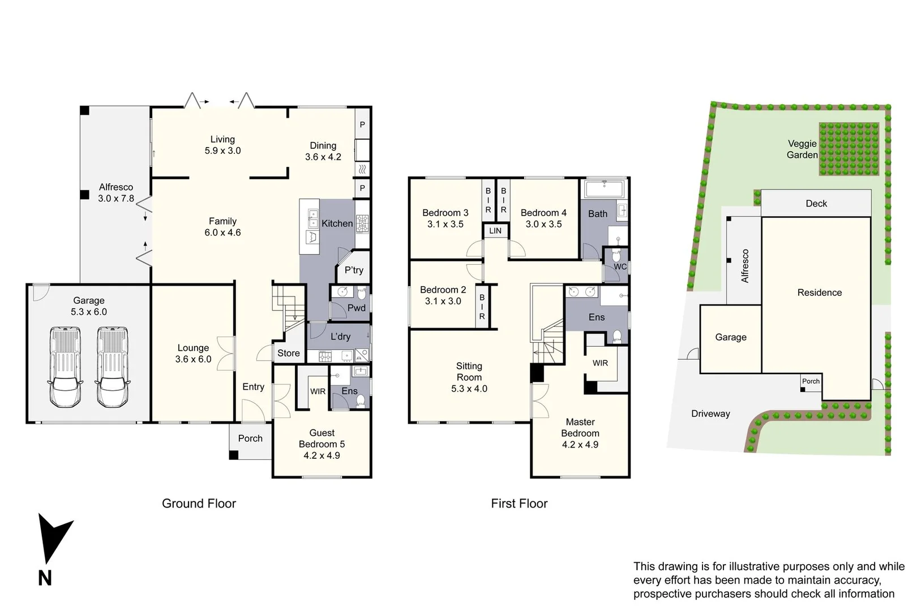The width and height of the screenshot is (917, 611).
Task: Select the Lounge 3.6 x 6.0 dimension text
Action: [193, 359]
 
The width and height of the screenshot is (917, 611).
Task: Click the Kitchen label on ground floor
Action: [337, 223]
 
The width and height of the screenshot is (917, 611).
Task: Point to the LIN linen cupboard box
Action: [495, 231]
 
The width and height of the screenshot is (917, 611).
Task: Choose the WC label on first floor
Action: [620, 266]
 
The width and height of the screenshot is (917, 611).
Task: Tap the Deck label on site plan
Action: [816, 204]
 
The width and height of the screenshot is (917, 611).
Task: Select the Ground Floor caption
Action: [199, 504]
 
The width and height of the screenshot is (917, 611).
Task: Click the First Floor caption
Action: [519, 504]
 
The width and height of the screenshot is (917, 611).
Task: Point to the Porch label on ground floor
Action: [250, 438]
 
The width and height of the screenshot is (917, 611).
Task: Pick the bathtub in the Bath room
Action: [604, 188]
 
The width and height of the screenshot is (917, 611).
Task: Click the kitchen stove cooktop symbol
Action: [362, 224]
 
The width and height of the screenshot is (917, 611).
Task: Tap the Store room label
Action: [289, 353]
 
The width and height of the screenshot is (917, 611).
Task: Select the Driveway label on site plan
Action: [710, 414]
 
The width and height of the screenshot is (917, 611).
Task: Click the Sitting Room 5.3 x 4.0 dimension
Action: [469, 389]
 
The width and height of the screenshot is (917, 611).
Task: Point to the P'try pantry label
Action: [354, 270]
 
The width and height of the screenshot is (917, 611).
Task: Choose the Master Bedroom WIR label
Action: [601, 363]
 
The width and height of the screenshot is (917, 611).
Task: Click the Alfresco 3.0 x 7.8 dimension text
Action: [116, 199]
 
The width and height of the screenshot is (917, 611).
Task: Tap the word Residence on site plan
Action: [820, 292]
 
